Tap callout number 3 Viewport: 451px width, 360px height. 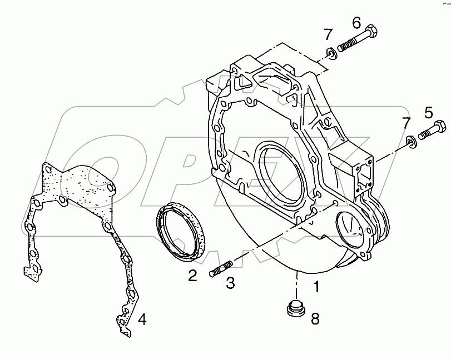point(230,283)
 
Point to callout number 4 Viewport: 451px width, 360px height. point(142,319)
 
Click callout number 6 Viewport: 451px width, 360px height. point(356,23)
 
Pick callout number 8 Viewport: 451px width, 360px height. point(315,318)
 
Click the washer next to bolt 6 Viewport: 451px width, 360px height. point(331,53)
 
